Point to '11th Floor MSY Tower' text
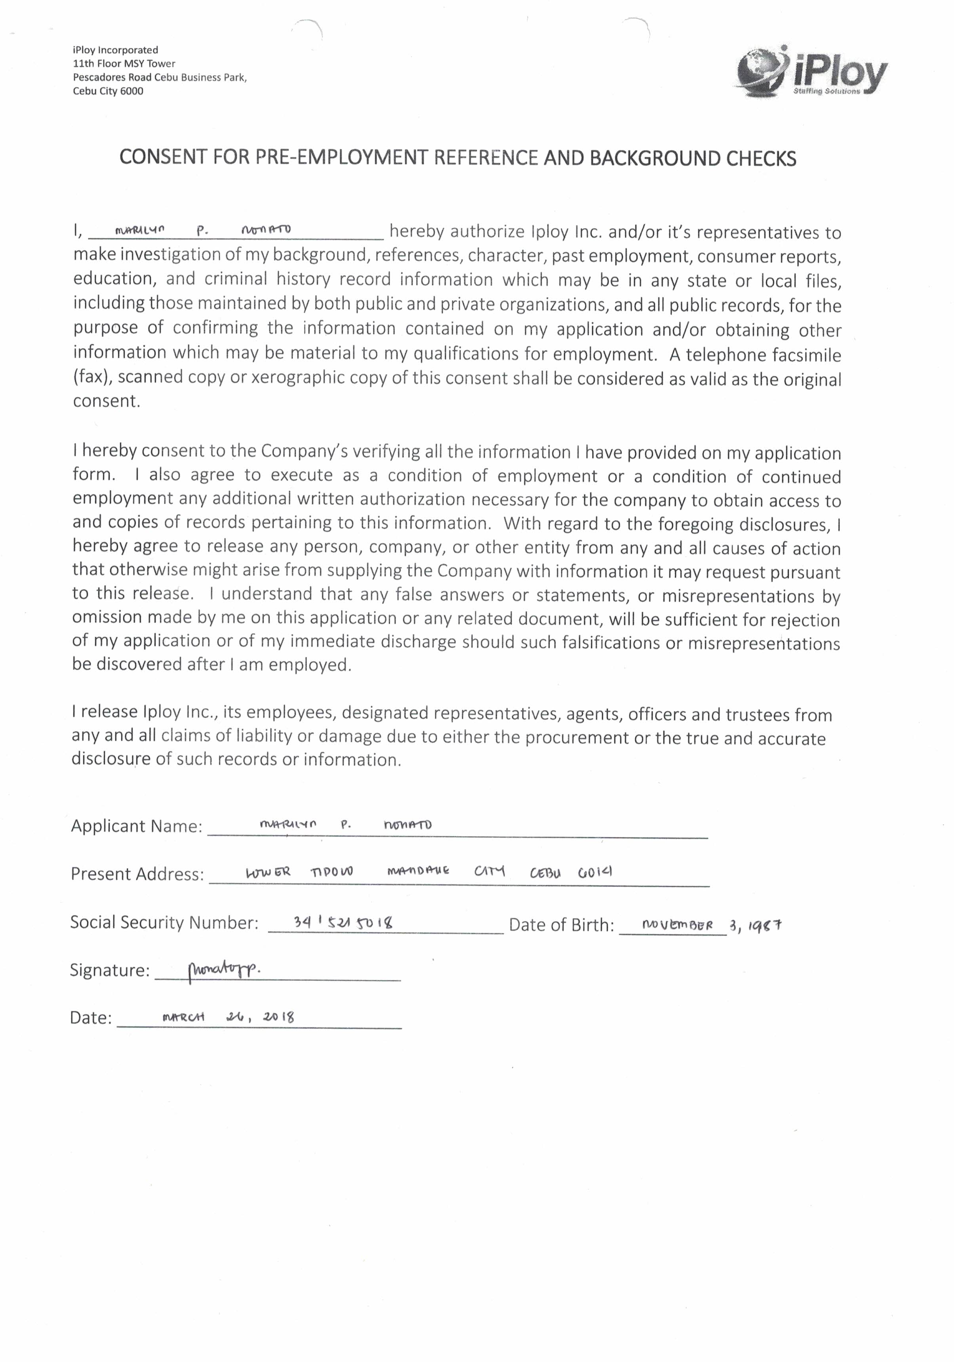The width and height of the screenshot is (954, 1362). coord(124,63)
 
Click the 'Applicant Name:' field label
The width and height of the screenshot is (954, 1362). coord(136,826)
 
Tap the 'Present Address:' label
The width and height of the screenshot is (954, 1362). coord(137,874)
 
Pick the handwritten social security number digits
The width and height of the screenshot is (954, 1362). coord(343,923)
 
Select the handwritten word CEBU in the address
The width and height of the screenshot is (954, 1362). coord(545,873)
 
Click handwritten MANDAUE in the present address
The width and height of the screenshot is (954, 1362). coord(418,871)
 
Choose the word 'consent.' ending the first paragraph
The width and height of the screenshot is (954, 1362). coord(107,401)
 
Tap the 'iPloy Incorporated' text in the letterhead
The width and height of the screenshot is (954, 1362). coord(116,50)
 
